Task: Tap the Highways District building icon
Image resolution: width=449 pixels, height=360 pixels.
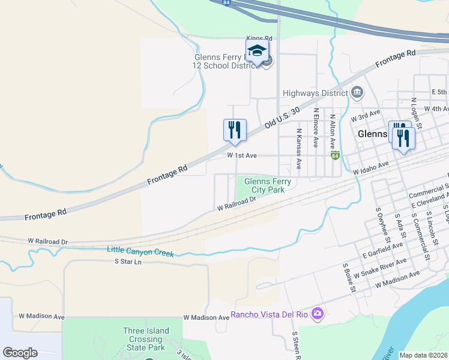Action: tap(357, 92)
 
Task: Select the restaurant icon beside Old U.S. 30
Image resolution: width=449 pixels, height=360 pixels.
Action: tap(235, 130)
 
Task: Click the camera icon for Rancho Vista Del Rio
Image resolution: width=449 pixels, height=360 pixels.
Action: tap(318, 314)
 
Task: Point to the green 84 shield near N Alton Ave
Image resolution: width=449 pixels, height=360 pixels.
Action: tap(335, 155)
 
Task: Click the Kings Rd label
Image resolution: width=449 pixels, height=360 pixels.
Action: tap(259, 38)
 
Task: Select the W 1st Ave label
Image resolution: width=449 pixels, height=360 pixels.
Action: tap(242, 155)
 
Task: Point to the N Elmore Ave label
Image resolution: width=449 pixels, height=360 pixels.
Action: tap(315, 127)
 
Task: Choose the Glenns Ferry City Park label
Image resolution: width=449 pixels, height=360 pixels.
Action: tap(267, 185)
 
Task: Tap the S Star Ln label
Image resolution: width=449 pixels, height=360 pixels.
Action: tap(128, 262)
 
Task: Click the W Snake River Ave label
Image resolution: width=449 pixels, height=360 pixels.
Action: tap(380, 268)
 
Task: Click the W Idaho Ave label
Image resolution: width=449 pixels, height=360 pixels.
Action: tap(372, 167)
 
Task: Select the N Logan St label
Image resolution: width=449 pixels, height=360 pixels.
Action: tap(413, 109)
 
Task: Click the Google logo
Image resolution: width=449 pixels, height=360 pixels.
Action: tap(20, 353)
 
